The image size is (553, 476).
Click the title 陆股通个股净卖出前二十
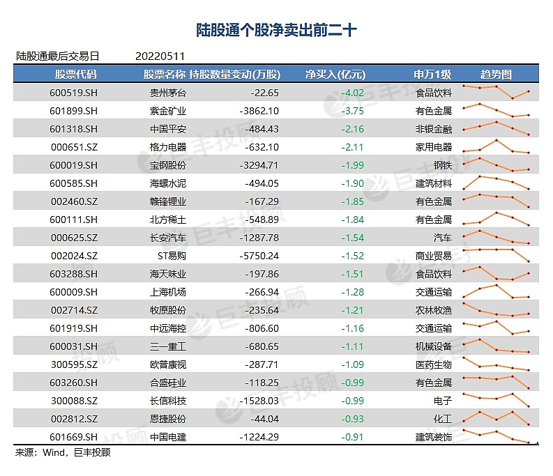276,31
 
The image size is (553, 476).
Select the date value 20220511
160,56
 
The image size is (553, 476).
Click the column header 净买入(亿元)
335,74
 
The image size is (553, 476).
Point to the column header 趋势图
496,74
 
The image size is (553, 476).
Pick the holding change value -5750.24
257,255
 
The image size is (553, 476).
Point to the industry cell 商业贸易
433,255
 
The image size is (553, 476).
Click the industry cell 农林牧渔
433,309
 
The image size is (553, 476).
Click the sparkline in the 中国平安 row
496,128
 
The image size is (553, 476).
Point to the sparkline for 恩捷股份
496,417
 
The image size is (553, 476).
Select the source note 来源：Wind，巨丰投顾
63,452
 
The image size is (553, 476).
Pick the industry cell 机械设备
433,346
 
